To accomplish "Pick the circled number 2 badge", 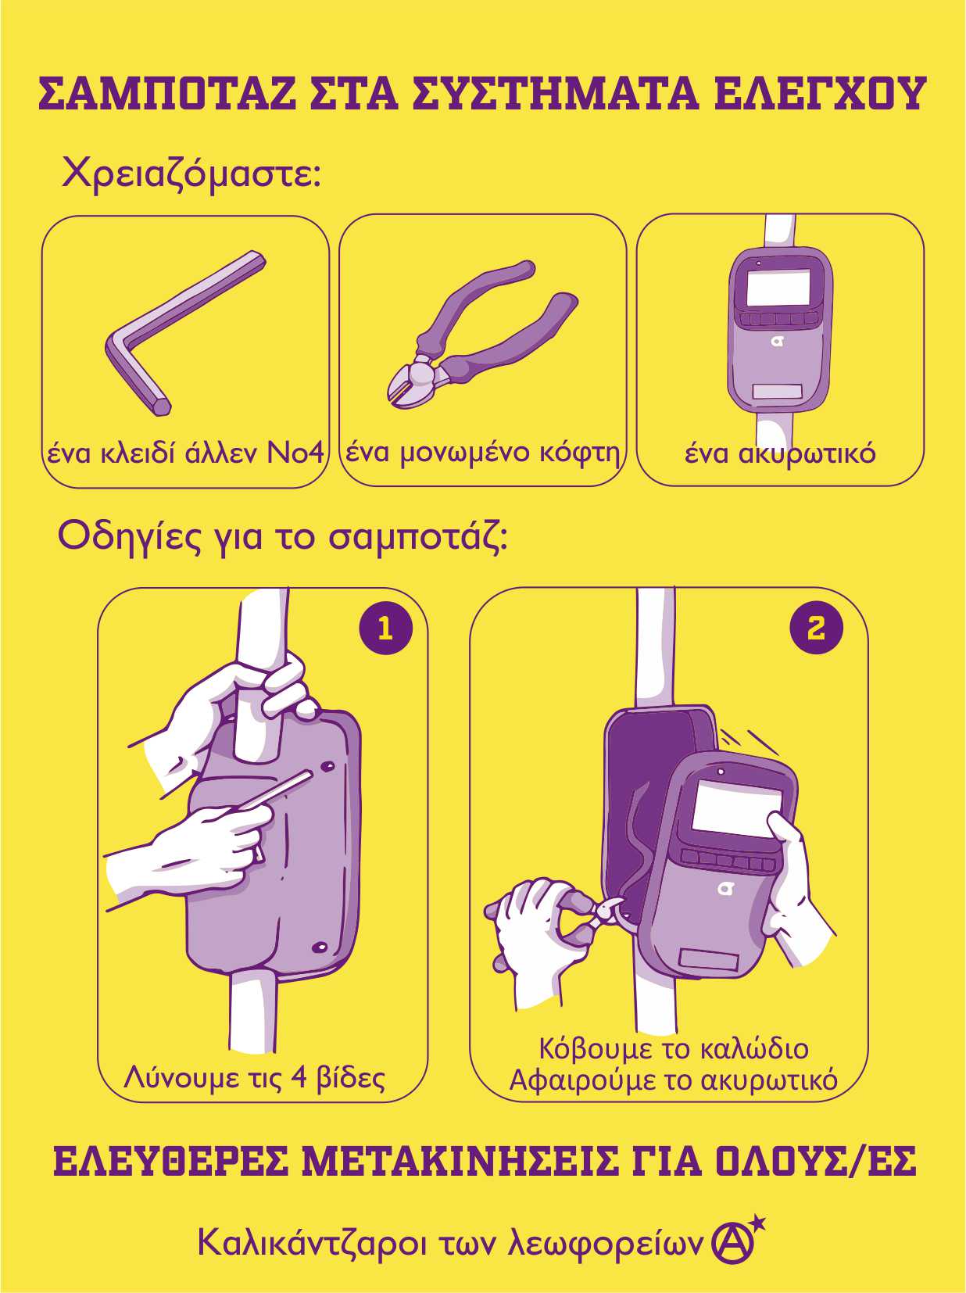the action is (816, 628).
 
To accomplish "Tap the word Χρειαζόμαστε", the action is (191, 174).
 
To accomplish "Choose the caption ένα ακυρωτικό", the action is (780, 454).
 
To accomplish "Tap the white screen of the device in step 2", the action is (735, 807).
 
